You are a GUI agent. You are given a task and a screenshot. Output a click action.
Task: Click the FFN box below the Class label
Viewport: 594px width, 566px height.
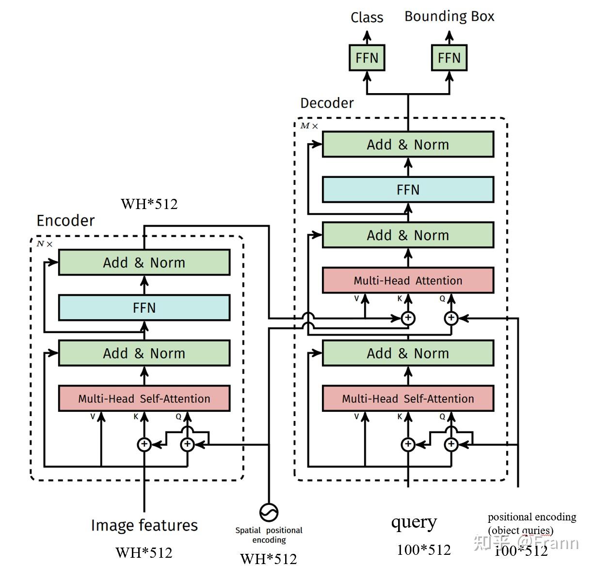coord(367,58)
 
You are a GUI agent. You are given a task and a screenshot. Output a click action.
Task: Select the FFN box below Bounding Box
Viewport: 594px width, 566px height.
coord(449,58)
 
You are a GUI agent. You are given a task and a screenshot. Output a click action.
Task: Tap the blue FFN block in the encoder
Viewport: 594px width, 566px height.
coord(144,307)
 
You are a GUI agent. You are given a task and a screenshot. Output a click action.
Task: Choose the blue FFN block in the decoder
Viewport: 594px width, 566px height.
coord(408,190)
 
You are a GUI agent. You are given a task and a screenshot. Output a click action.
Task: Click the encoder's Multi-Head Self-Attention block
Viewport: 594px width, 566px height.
coord(144,398)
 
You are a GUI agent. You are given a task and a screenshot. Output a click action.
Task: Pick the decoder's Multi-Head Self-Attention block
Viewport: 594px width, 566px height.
coord(408,398)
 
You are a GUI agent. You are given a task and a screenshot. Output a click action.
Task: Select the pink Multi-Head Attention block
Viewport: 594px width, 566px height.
coord(408,280)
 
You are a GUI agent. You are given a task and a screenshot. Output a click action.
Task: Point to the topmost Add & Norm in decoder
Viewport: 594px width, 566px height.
coord(408,144)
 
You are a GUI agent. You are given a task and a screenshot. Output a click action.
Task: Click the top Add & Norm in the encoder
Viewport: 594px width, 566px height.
coord(144,262)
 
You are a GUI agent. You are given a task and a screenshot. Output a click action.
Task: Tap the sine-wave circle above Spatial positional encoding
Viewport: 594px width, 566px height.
coord(269,512)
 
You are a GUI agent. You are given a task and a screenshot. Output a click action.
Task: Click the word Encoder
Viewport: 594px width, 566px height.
coord(65,220)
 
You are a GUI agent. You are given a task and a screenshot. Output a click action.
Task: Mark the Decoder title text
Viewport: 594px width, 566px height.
coord(327,103)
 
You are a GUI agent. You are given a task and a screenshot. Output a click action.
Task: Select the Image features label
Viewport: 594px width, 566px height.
coord(144,525)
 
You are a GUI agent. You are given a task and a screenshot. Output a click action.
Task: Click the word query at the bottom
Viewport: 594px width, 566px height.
coord(414,523)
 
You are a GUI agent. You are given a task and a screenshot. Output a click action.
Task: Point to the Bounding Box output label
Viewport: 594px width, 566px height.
coord(450,16)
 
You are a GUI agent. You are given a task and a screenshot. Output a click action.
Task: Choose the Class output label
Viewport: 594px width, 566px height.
coord(367,17)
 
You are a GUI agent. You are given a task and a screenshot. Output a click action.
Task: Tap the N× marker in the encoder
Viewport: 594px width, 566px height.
coord(45,243)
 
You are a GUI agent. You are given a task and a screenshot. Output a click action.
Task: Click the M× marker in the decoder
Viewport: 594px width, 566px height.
coord(309,126)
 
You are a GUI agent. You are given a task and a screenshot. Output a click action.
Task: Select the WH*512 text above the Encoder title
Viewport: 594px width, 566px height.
coord(149,204)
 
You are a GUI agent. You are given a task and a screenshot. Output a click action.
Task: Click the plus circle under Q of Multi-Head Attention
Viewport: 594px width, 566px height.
coord(451,318)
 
